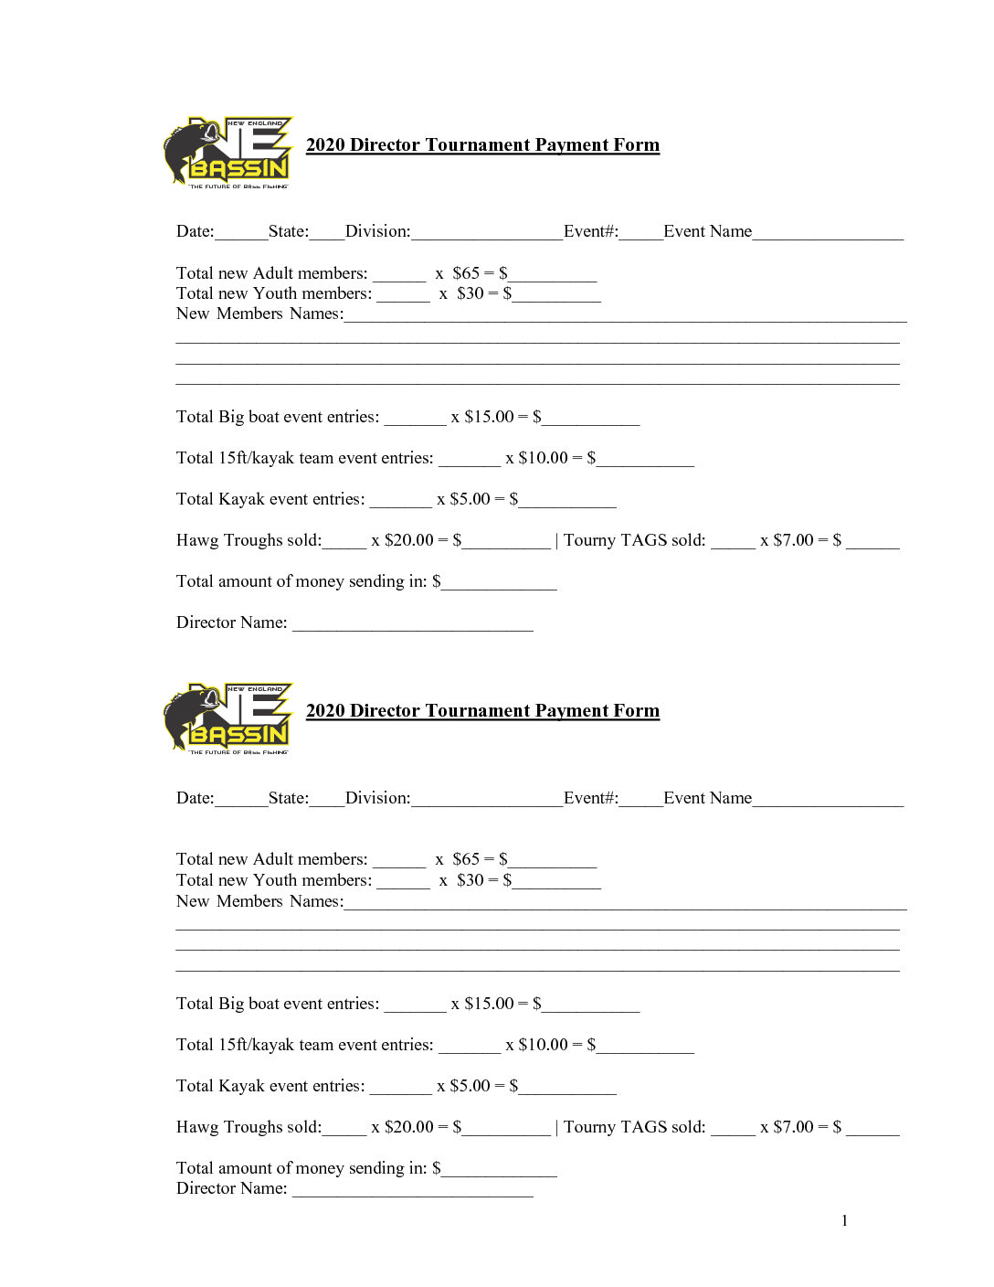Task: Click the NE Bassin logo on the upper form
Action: pyautogui.click(x=228, y=153)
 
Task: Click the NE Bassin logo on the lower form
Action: pyautogui.click(x=228, y=718)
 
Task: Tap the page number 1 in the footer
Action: pyautogui.click(x=844, y=1220)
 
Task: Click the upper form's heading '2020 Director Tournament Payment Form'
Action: pyautogui.click(x=482, y=145)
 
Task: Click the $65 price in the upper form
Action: pyautogui.click(x=466, y=273)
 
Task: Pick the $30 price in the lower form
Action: pyautogui.click(x=471, y=880)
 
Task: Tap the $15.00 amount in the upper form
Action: pyautogui.click(x=489, y=417)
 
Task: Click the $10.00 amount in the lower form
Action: pyautogui.click(x=543, y=1045)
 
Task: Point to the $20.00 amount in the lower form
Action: pyautogui.click(x=409, y=1127)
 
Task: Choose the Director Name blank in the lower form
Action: pyautogui.click(x=412, y=1191)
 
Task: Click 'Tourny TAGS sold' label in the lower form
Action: pyautogui.click(x=634, y=1127)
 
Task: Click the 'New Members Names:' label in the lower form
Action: pyautogui.click(x=259, y=901)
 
